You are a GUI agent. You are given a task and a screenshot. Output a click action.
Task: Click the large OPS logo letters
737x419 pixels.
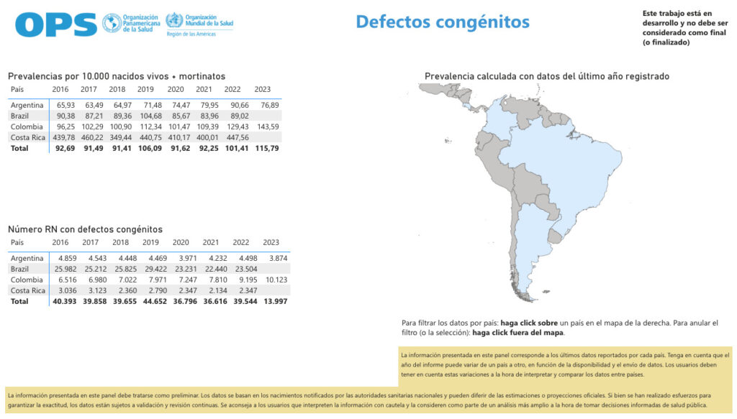[55, 25]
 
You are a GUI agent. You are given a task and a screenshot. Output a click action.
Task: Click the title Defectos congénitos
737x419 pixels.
[443, 22]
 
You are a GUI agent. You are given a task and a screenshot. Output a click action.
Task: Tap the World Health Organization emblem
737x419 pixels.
[173, 20]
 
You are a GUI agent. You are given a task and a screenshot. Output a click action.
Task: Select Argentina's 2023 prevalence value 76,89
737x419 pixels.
[270, 105]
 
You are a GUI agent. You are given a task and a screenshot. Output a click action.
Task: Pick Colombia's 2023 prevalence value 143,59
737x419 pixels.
[268, 126]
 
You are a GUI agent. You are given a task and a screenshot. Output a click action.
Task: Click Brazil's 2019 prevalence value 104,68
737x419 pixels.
[148, 116]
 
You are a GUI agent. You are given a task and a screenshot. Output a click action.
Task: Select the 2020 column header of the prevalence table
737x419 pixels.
[176, 89]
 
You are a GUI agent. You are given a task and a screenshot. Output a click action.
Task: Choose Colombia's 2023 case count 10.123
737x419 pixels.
[276, 280]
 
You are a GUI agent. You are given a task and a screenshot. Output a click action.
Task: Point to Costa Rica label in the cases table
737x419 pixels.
[27, 290]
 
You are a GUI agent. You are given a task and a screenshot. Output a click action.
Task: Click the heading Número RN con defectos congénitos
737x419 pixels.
[85, 229]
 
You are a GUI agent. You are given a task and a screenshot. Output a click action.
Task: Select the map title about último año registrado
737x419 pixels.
[547, 76]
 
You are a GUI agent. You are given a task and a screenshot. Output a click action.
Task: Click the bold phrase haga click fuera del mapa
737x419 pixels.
[518, 333]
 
